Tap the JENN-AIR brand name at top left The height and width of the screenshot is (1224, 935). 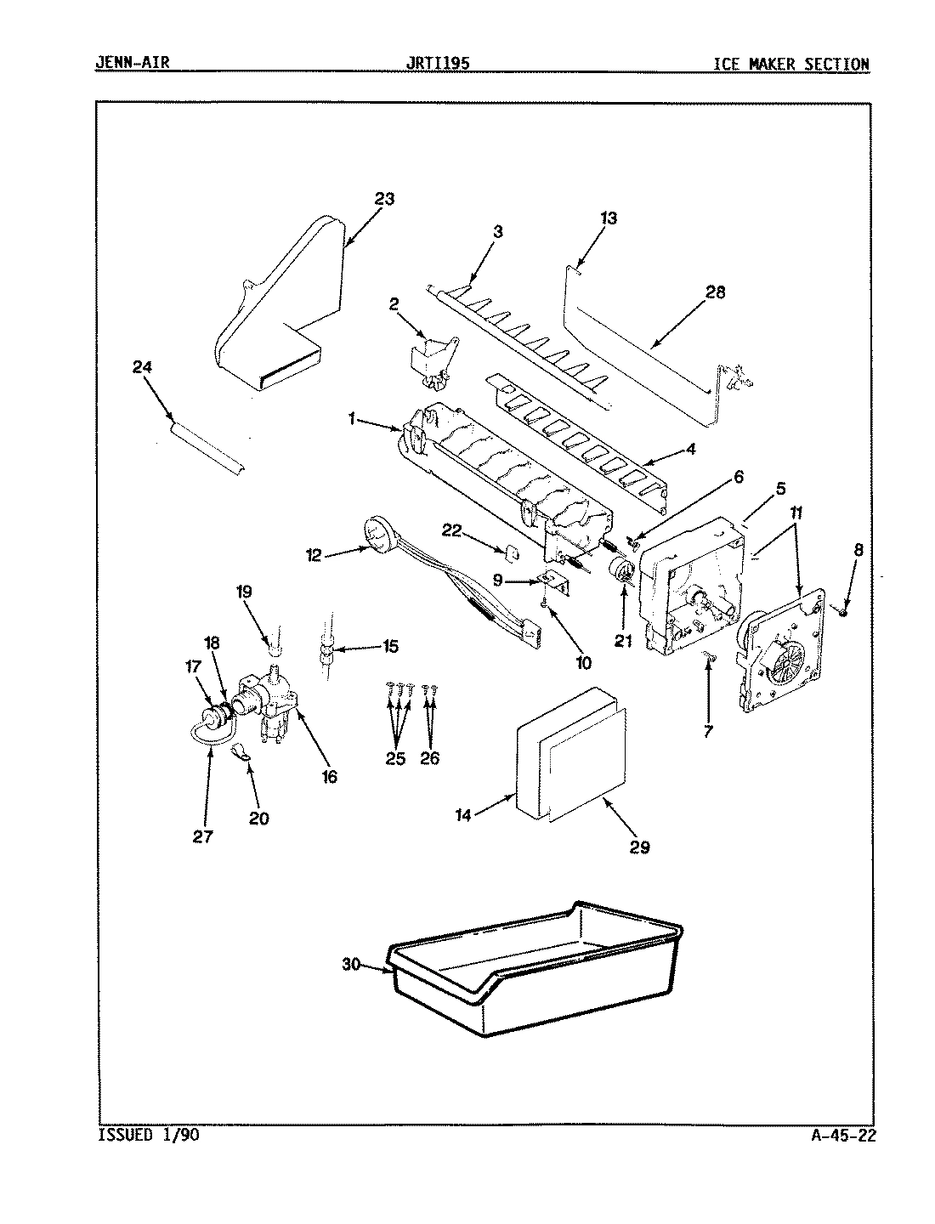click(132, 64)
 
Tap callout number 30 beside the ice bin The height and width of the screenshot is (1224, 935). click(352, 964)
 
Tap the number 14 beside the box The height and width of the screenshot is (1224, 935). click(462, 813)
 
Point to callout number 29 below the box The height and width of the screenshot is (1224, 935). click(639, 847)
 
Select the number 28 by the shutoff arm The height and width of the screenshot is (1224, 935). click(716, 292)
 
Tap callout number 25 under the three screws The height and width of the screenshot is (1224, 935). click(396, 758)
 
